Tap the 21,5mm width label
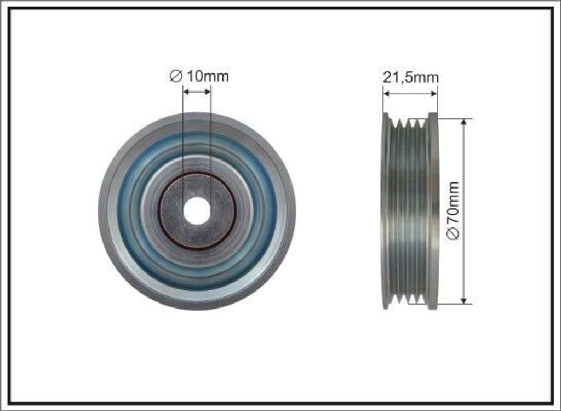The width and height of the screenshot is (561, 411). tap(411, 77)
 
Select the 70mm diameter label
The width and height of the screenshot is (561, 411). tap(453, 210)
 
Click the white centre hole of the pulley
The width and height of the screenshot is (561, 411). tap(197, 211)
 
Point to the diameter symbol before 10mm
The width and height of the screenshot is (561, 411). tap(176, 76)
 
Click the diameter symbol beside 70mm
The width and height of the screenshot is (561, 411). tap(453, 234)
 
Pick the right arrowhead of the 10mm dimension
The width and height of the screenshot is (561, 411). tap(207, 92)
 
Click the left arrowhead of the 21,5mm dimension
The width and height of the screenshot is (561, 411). tap(386, 94)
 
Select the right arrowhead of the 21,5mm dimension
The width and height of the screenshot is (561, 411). tap(434, 94)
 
